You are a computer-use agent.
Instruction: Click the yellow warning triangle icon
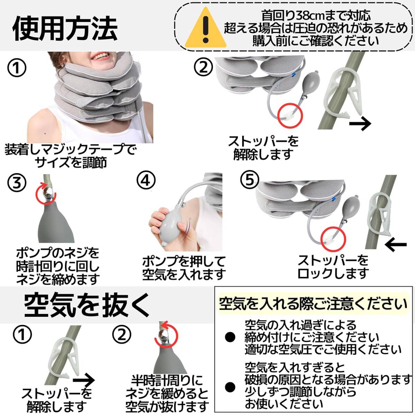[206, 28]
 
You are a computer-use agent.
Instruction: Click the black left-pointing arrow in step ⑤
[395, 245]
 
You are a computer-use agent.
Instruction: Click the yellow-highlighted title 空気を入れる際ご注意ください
[313, 303]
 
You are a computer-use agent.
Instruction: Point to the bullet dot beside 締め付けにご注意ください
[230, 343]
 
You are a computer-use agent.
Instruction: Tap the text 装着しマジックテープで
[70, 150]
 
